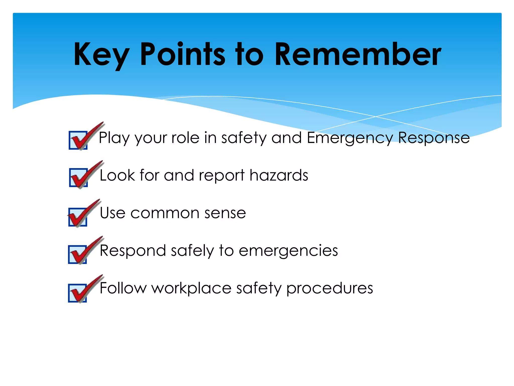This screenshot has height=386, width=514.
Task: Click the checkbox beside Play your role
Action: click(78, 140)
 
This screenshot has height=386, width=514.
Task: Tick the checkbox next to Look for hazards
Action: click(79, 178)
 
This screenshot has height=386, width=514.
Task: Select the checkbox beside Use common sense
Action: click(78, 217)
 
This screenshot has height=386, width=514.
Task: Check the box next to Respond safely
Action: click(78, 255)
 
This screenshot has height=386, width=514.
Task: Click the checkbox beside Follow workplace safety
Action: click(78, 293)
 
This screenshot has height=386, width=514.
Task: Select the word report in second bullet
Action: click(222, 175)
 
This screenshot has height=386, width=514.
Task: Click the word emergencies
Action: click(288, 251)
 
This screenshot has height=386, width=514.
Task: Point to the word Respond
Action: click(133, 251)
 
